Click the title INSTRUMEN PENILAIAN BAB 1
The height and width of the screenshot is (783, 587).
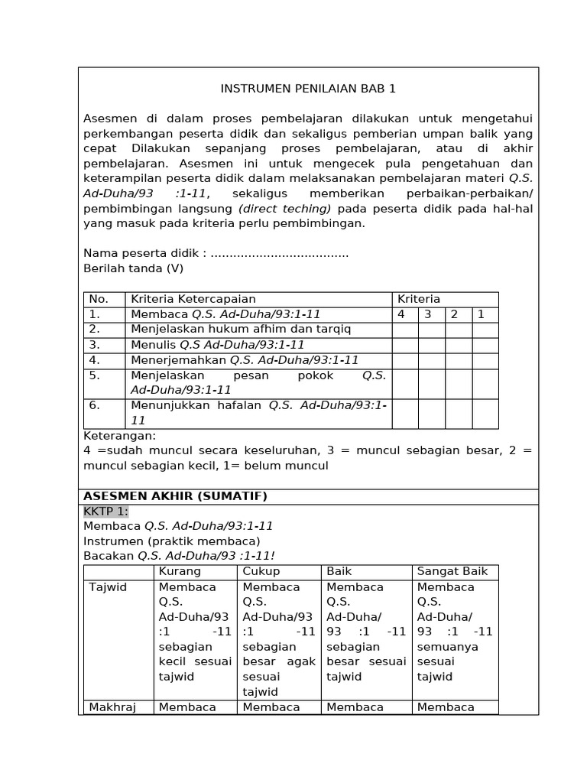pyautogui.click(x=308, y=89)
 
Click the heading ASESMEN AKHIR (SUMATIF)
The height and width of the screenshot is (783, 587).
pyautogui.click(x=175, y=496)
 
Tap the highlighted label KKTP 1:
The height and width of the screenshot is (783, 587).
pyautogui.click(x=106, y=512)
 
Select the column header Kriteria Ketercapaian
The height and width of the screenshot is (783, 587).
pyautogui.click(x=193, y=299)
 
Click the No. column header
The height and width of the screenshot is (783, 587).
pyautogui.click(x=99, y=299)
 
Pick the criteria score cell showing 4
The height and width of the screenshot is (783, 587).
pyautogui.click(x=401, y=314)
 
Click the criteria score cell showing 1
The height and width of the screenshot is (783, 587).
pyautogui.click(x=481, y=314)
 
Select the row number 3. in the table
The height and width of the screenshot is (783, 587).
pyautogui.click(x=95, y=345)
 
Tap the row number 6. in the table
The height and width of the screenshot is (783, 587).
pyautogui.click(x=95, y=405)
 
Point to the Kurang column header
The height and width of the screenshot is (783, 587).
pyautogui.click(x=180, y=571)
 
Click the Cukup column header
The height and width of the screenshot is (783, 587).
pyautogui.click(x=261, y=571)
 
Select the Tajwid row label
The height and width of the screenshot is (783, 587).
pyautogui.click(x=108, y=586)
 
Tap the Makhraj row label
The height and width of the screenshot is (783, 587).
pyautogui.click(x=112, y=707)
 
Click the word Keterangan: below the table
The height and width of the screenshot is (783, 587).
pyautogui.click(x=119, y=435)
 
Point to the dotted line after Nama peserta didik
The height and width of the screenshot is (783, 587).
pyautogui.click(x=279, y=253)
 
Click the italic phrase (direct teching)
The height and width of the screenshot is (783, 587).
pyautogui.click(x=285, y=209)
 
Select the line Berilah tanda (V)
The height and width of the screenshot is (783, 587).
pyautogui.click(x=133, y=268)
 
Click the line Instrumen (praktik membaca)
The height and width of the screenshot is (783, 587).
pyautogui.click(x=161, y=541)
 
